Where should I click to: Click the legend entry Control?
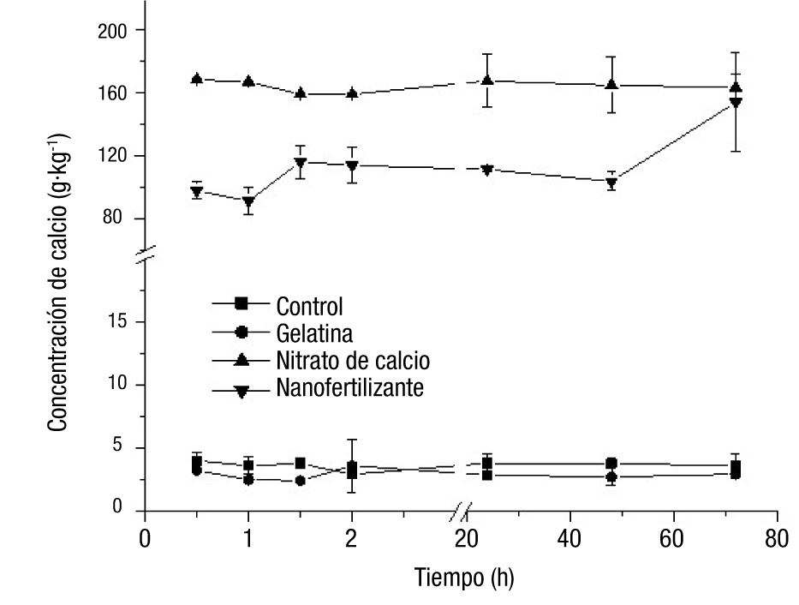309,304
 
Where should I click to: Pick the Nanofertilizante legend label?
349,388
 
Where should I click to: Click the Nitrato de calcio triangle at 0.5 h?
197,79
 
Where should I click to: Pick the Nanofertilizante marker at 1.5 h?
301,163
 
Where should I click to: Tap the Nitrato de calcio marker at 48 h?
611,85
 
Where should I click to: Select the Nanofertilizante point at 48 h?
611,183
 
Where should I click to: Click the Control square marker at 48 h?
611,464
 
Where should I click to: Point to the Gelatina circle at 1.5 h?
301,481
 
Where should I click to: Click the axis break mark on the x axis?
462,512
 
